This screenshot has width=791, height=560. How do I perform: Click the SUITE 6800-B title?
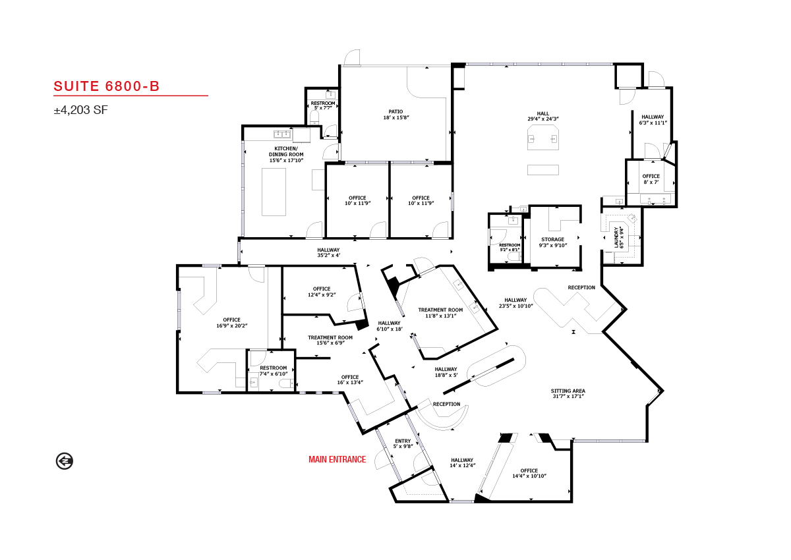(107, 86)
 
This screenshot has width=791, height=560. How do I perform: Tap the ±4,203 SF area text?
(81, 110)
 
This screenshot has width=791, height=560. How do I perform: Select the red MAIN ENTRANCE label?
(337, 459)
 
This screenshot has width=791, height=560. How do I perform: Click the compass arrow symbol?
(65, 461)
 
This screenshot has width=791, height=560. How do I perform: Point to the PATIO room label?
(396, 115)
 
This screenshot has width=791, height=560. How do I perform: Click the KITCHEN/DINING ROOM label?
(286, 154)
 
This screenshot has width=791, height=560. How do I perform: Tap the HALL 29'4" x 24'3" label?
(542, 116)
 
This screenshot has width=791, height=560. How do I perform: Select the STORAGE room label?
(552, 242)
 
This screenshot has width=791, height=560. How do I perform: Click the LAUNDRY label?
(620, 237)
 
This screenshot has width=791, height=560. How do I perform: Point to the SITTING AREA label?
(568, 393)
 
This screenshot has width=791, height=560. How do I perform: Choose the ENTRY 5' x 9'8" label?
(403, 443)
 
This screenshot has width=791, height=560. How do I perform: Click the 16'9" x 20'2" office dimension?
(231, 325)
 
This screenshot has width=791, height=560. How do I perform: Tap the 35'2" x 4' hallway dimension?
(328, 255)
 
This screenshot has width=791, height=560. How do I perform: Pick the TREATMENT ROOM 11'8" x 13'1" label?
(440, 313)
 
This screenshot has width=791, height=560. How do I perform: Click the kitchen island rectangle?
(274, 192)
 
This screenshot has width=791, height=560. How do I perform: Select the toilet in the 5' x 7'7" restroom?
(314, 117)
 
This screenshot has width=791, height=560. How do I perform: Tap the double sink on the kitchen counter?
(282, 134)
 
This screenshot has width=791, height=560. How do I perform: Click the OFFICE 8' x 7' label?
(651, 179)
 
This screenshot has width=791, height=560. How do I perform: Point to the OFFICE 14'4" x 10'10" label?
(529, 473)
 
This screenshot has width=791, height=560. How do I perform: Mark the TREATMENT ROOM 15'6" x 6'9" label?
(330, 340)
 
